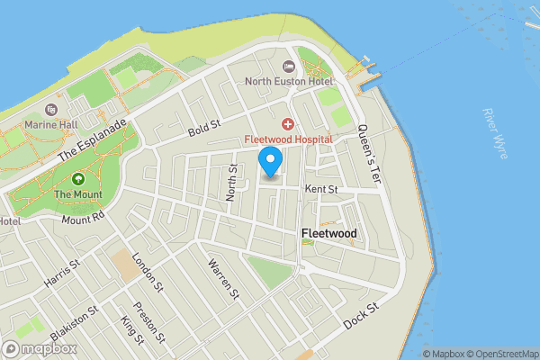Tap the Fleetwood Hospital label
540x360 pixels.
click(x=289, y=139)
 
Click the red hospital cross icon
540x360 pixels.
click(x=288, y=123)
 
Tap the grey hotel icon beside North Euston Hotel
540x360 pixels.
click(x=288, y=67)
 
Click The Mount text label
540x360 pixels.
click(x=76, y=193)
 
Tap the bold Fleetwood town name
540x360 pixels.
click(x=328, y=234)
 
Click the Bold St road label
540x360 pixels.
click(x=204, y=128)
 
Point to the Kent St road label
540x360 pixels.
click(x=320, y=190)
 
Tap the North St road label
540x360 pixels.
click(x=233, y=180)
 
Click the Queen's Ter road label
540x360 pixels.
click(x=370, y=154)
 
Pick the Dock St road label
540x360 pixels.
click(x=362, y=315)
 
